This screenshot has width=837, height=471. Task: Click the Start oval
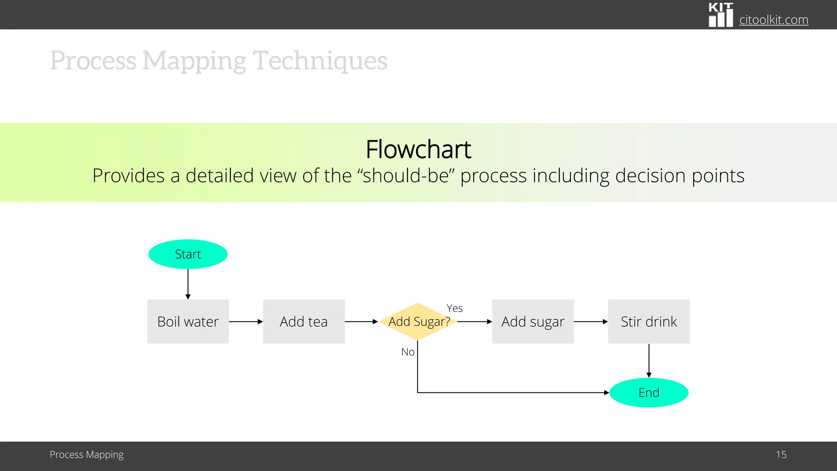(x=188, y=254)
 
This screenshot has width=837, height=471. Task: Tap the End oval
(x=649, y=392)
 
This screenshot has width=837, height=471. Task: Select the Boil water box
(x=188, y=321)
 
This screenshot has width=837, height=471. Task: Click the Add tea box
(x=304, y=321)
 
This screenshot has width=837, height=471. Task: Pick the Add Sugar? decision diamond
(x=418, y=321)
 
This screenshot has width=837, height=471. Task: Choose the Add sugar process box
(x=533, y=321)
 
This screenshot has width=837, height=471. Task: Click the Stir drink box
(x=649, y=321)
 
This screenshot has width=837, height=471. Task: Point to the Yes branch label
(x=454, y=308)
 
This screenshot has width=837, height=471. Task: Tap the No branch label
(x=407, y=352)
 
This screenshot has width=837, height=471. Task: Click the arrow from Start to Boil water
(x=188, y=284)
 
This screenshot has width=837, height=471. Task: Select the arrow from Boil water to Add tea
(x=245, y=322)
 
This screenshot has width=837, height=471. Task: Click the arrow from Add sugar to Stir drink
(x=591, y=322)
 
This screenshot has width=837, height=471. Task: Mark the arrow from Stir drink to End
(x=649, y=360)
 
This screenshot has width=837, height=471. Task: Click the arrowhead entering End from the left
(x=606, y=392)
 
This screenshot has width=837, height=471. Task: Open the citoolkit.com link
(x=773, y=20)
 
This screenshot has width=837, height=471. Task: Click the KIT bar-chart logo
(x=721, y=15)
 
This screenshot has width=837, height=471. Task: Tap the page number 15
(x=781, y=455)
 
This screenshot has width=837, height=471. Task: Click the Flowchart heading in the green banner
(x=418, y=149)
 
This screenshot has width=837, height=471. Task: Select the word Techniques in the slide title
(x=320, y=61)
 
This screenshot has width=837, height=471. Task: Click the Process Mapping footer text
(x=87, y=455)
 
